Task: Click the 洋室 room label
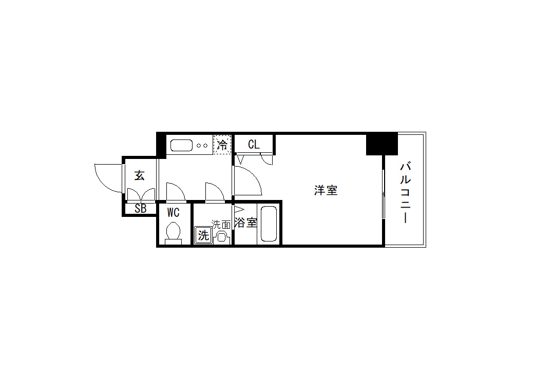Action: (326, 191)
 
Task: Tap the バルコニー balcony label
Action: (405, 192)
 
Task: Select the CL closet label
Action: (254, 145)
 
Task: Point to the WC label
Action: (174, 213)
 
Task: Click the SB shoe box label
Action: (140, 208)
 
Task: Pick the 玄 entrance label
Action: (139, 175)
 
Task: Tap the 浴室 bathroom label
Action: (245, 223)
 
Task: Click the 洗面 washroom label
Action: (221, 224)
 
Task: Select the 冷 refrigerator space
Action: (222, 145)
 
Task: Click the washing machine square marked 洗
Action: (203, 235)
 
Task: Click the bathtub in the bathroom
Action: (269, 224)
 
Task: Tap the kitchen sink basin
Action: (182, 145)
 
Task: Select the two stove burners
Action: (202, 146)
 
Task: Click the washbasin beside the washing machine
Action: (222, 237)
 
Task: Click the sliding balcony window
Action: (384, 194)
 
